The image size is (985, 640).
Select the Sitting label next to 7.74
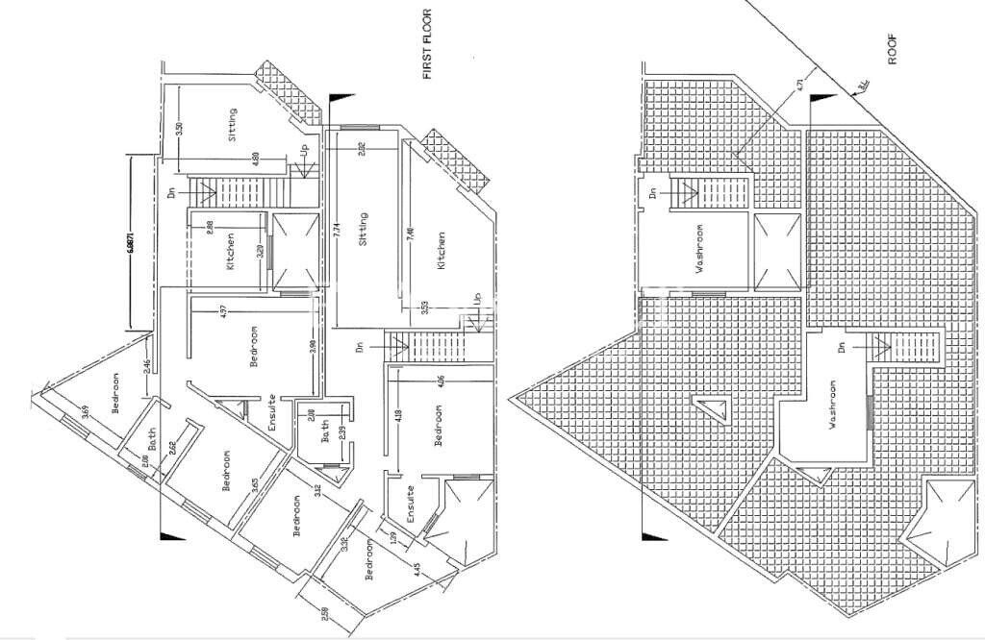point(364,231)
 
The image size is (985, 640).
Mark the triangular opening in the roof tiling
point(713,409)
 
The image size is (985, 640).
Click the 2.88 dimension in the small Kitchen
point(210,227)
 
